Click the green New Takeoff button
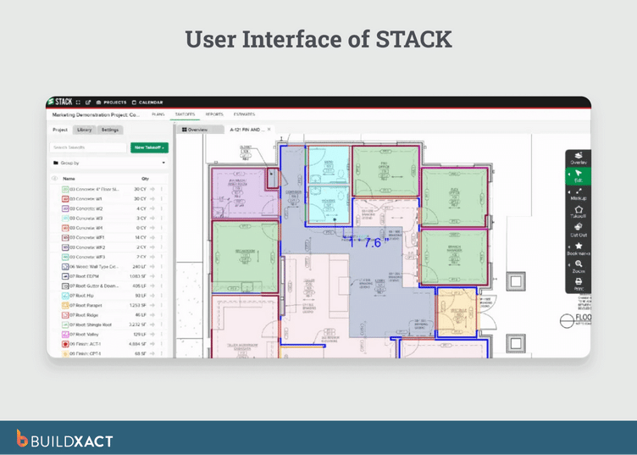coord(150,147)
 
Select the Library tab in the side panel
coord(85,130)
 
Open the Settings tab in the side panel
coord(110,130)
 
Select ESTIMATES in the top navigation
coord(244,114)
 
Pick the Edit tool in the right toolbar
coord(578,175)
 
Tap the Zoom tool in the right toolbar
coord(578,266)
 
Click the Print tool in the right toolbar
coord(578,284)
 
